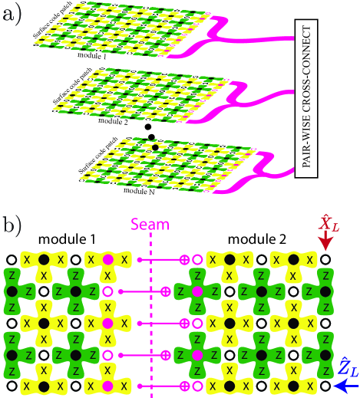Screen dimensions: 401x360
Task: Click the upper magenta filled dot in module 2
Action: [x=197, y=291]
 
